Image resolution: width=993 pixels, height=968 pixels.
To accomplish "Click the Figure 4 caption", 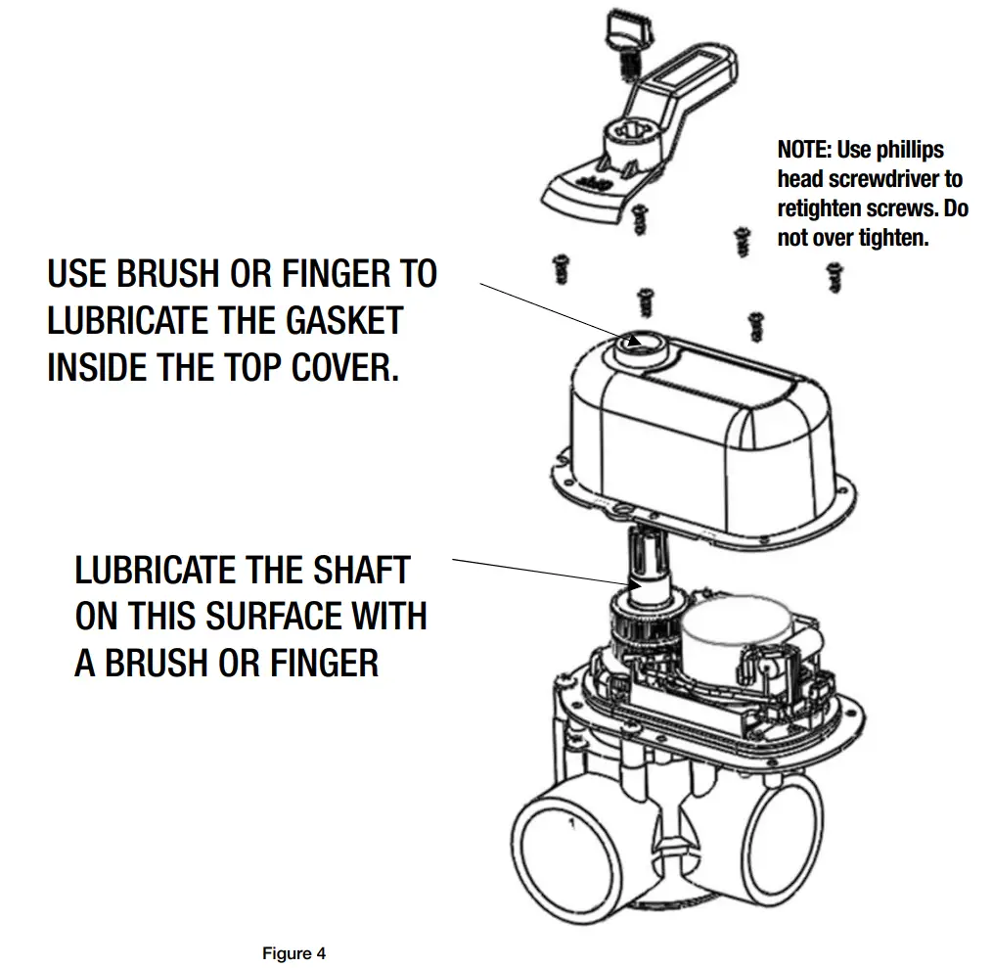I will [x=293, y=953].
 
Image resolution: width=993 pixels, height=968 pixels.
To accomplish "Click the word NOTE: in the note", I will [x=804, y=150].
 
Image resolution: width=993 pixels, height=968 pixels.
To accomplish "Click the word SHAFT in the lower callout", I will [x=361, y=570].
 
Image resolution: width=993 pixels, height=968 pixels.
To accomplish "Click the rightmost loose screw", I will [x=835, y=277].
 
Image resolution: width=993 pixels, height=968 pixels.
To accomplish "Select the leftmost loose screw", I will [x=563, y=267].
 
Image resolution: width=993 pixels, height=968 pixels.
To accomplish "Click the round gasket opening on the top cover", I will [x=644, y=342].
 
